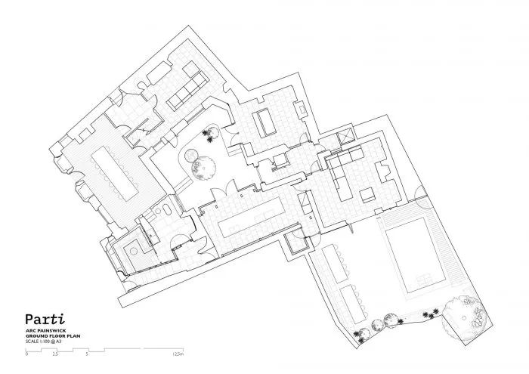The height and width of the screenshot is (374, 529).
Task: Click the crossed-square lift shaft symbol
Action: [348, 137]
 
